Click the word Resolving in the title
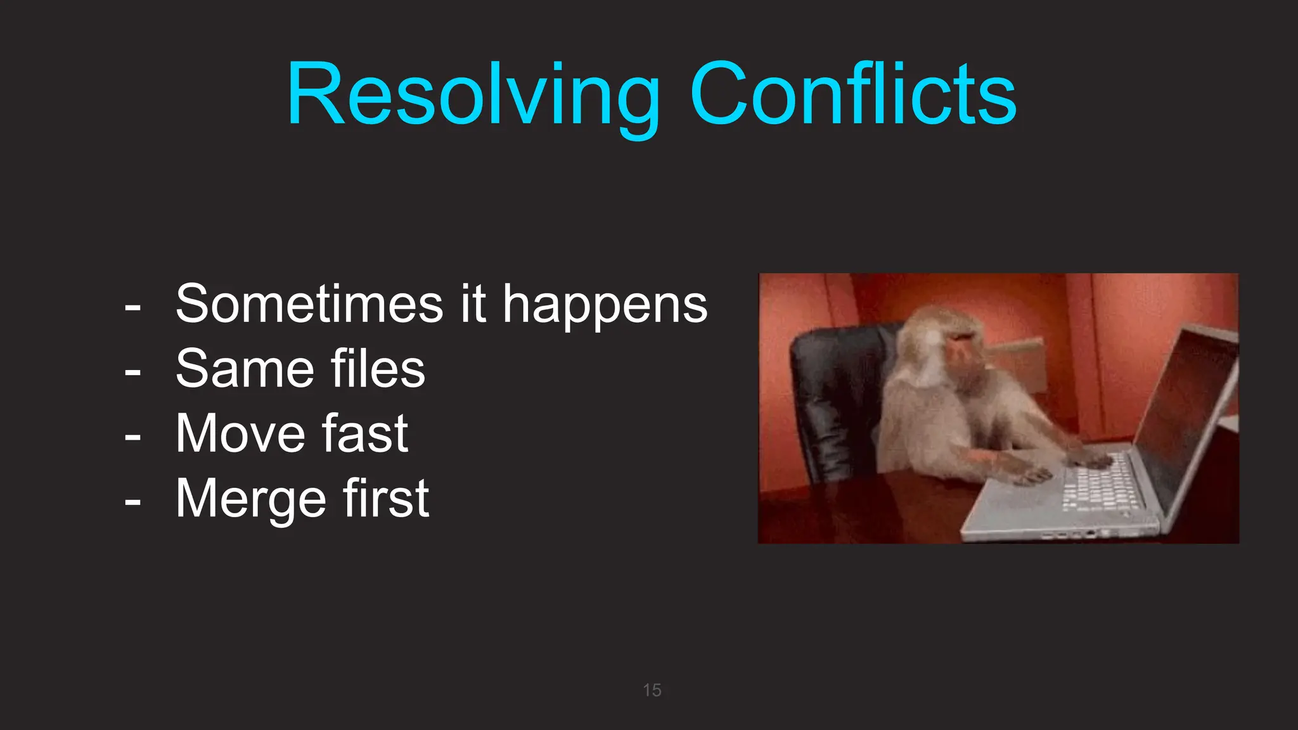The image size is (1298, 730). coord(473,95)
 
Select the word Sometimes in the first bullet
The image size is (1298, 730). coord(309,304)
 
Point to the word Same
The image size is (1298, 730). coord(245,369)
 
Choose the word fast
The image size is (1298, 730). coord(365,433)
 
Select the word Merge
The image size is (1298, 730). coord(250,499)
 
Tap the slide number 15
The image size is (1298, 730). coord(652,690)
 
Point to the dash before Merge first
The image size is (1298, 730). coord(132,502)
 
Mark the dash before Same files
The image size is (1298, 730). coord(132,373)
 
